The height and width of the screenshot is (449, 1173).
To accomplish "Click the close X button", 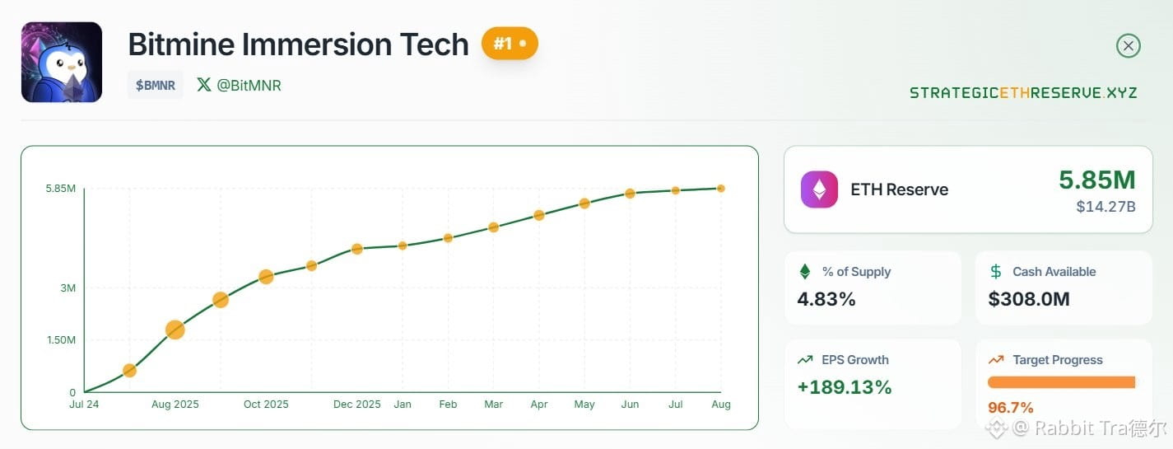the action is [x=1128, y=45].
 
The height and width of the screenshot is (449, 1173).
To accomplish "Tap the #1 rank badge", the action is [x=510, y=43].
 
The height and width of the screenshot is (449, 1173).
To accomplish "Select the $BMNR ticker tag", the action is [x=156, y=85].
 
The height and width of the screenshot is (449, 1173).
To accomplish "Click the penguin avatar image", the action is [x=62, y=62].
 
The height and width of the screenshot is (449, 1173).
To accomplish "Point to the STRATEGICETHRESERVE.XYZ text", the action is [x=1023, y=93].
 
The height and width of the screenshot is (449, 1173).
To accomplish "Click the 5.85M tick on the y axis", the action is [x=61, y=188].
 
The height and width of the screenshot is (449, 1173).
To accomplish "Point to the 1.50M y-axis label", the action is [x=61, y=339].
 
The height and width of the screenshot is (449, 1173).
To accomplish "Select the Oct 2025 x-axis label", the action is [x=266, y=404].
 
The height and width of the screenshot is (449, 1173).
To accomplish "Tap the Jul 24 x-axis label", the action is [x=84, y=404].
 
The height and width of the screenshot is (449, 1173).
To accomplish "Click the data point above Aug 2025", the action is [x=175, y=330].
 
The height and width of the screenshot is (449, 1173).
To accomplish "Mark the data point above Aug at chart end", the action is [x=721, y=188].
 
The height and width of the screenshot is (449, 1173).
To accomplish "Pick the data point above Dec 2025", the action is [x=357, y=249].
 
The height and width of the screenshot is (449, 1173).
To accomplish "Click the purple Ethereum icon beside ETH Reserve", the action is [x=819, y=189].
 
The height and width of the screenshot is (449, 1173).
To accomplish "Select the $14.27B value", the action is [x=1106, y=207].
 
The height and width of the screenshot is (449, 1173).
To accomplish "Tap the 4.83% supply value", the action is [x=826, y=298].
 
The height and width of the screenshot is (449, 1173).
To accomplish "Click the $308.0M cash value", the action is [x=1029, y=298].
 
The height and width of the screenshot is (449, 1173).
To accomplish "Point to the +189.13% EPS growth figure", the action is [x=844, y=387].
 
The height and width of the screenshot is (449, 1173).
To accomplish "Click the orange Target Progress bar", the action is [x=1061, y=382].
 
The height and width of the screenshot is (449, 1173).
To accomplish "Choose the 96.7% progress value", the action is [x=1011, y=407].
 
